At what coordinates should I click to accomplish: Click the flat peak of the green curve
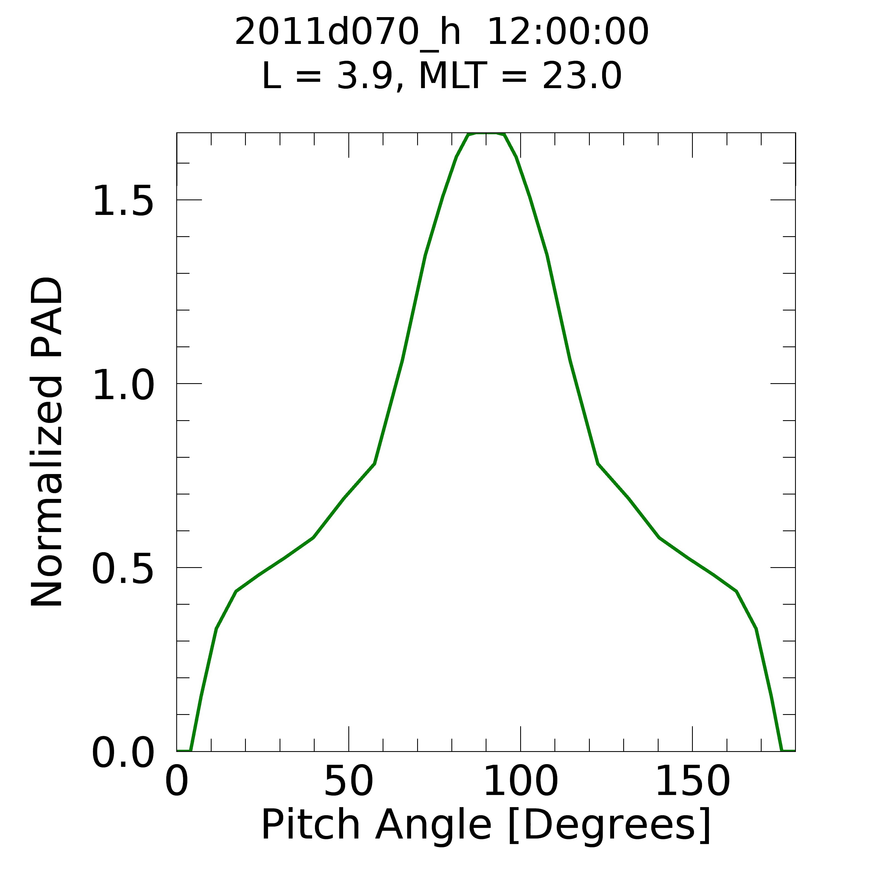point(486,134)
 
